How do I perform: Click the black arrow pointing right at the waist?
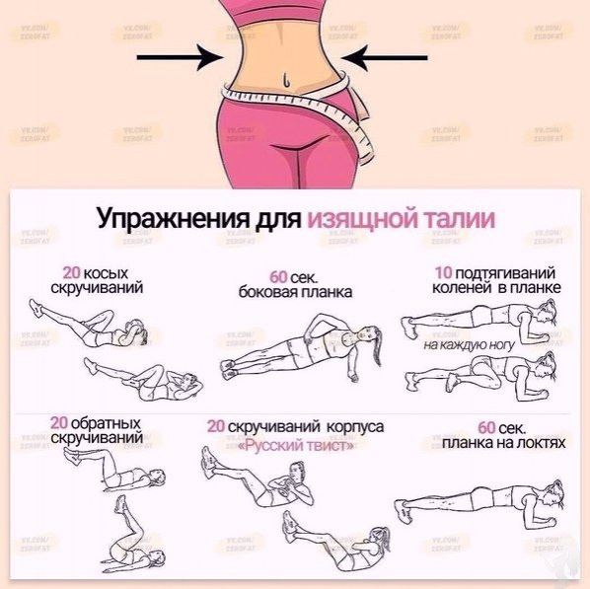(x=181, y=57)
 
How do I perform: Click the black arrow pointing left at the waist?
(x=384, y=57)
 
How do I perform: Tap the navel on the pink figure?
(x=286, y=79)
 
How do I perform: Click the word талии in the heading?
(x=460, y=217)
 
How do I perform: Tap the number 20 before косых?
(x=71, y=272)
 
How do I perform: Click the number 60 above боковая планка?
(x=278, y=277)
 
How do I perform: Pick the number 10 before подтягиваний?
(x=443, y=272)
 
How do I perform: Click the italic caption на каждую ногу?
(x=469, y=344)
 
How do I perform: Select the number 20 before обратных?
(x=58, y=423)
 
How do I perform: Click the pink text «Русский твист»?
(x=297, y=446)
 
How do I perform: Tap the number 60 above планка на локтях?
(x=486, y=427)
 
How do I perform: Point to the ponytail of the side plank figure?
(x=378, y=347)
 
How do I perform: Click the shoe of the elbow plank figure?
(x=403, y=511)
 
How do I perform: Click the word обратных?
(x=106, y=424)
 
